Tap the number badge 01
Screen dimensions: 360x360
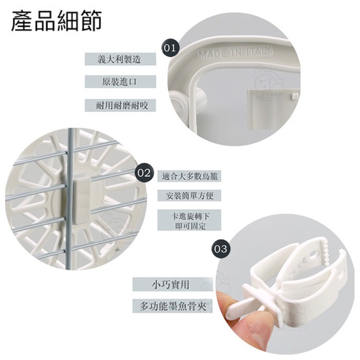(170, 48)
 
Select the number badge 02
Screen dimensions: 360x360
(144, 173)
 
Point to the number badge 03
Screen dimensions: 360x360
(221, 248)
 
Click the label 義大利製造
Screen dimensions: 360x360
(120, 59)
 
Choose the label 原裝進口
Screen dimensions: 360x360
(120, 82)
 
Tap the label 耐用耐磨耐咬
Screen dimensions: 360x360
(120, 105)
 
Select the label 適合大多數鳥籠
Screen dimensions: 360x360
(189, 176)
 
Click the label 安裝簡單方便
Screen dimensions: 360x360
(189, 195)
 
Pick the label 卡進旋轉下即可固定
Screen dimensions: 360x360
(189, 220)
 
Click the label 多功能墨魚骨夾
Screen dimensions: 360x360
(173, 306)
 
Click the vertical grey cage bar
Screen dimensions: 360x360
(70, 197)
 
